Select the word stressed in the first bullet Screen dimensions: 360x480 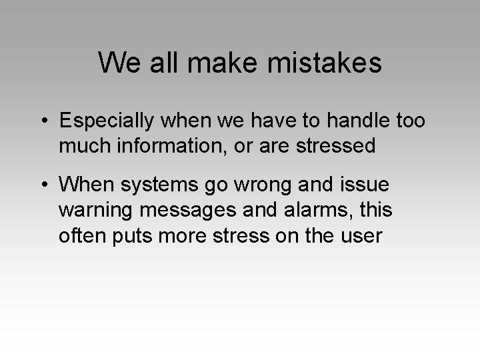pos(333,145)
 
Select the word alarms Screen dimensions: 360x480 pos(317,210)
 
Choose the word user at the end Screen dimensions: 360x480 pos(363,235)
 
